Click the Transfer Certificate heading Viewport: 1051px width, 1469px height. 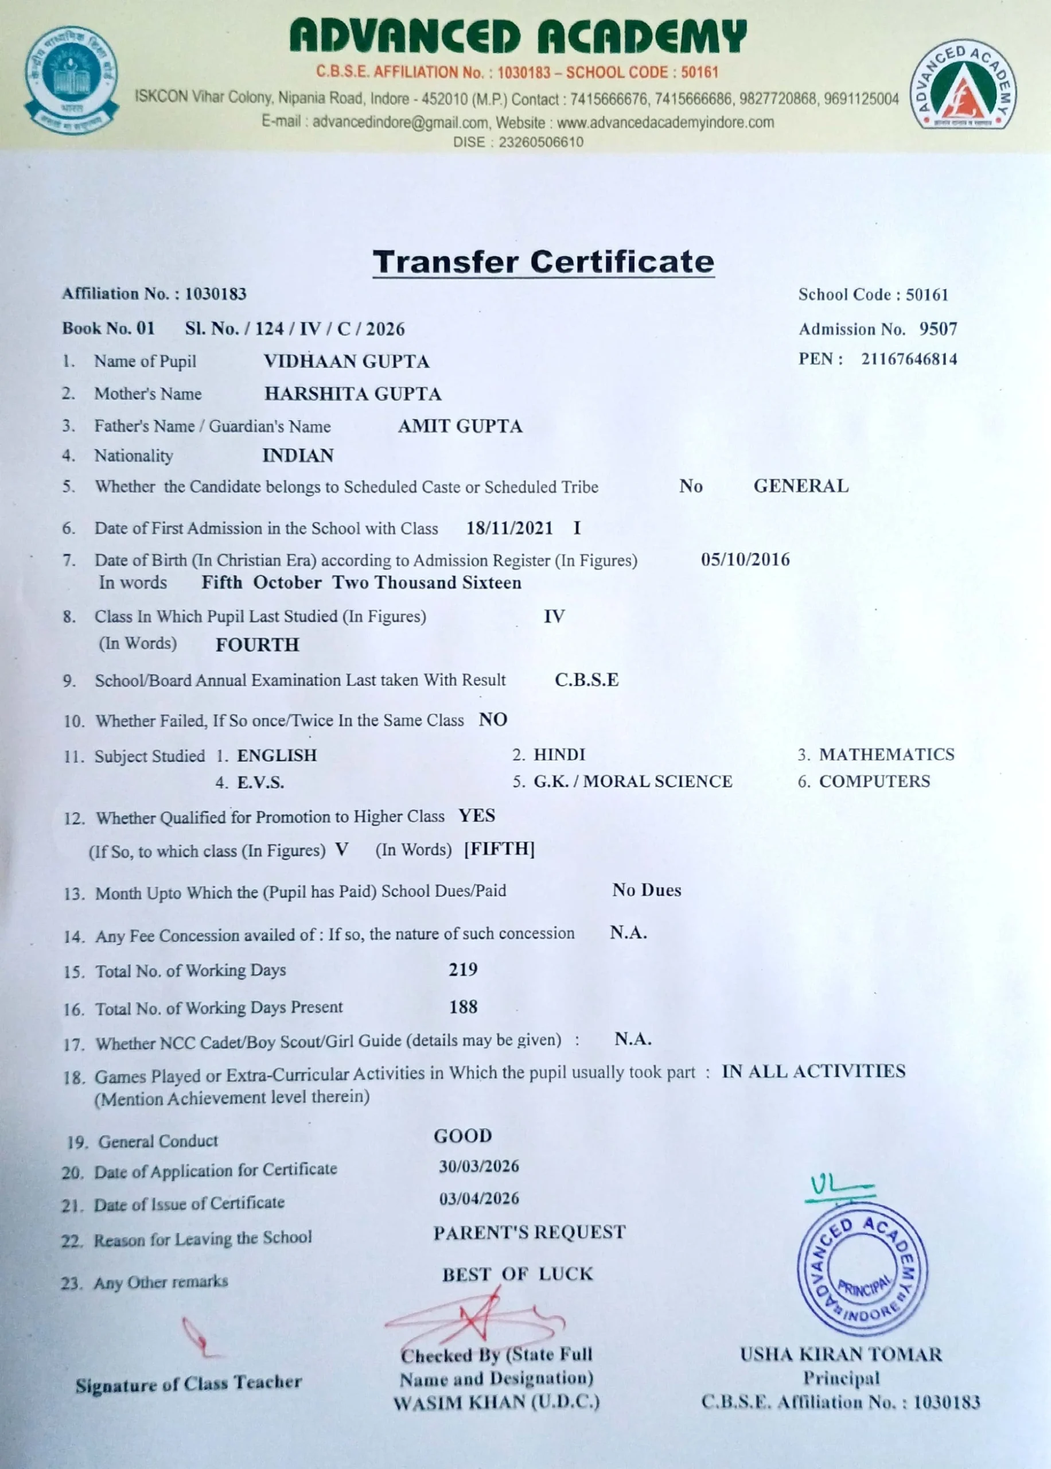click(543, 262)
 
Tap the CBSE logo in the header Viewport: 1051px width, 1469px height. click(71, 80)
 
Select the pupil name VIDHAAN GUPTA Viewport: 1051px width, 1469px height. click(347, 361)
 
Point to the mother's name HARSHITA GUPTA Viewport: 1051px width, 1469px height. click(353, 394)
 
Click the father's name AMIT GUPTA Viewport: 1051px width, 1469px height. click(460, 426)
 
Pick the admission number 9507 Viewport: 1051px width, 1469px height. click(938, 329)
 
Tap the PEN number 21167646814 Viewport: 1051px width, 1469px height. click(909, 359)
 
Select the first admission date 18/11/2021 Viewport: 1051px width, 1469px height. click(509, 528)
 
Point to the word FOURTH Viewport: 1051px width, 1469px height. click(258, 644)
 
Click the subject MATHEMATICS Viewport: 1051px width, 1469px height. click(886, 754)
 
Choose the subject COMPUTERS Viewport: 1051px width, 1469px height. click(874, 781)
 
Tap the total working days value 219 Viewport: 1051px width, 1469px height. click(464, 969)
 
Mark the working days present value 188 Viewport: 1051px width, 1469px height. click(464, 1006)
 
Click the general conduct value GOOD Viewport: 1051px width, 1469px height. click(463, 1136)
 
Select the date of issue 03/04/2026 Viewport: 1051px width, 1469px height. click(479, 1199)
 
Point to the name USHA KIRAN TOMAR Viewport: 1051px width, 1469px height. click(840, 1354)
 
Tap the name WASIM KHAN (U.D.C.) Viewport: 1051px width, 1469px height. click(496, 1402)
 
